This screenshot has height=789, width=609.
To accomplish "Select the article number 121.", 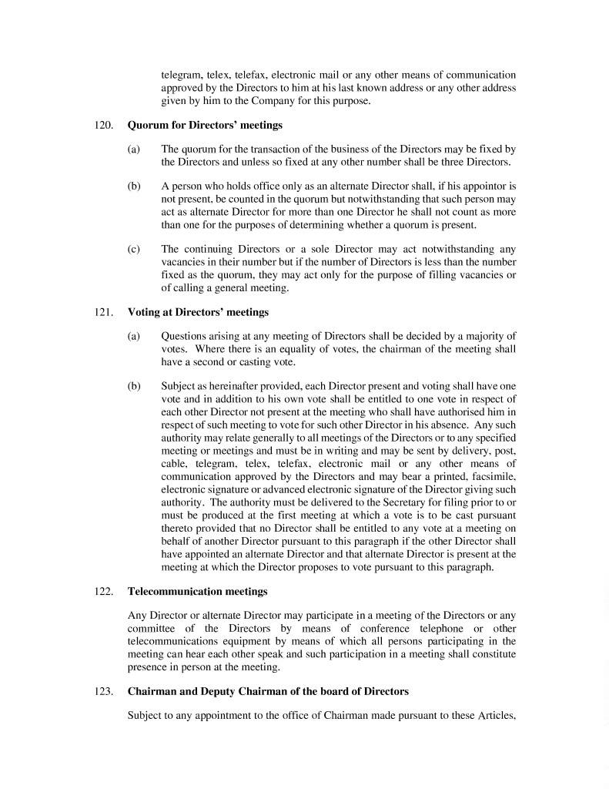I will (x=105, y=313).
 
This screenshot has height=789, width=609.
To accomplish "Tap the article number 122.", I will (x=105, y=592).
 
